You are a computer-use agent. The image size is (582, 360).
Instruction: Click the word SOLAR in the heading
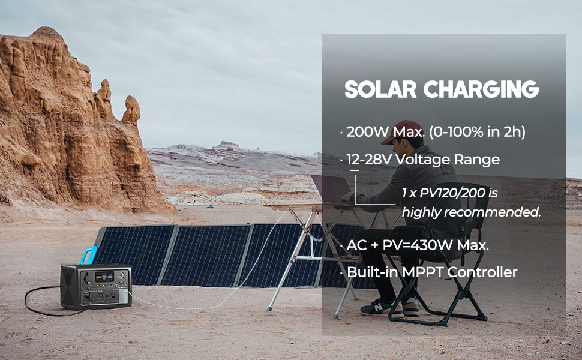pos(380,89)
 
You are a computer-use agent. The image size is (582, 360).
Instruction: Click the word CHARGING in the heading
pos(481,89)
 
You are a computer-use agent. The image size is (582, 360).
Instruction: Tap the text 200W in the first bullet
pos(367,132)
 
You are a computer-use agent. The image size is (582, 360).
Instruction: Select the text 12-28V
pos(369,160)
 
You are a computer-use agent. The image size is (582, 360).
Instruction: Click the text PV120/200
pos(452,193)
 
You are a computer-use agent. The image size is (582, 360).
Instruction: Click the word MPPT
pos(423,272)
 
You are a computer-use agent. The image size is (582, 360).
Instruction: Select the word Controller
pos(482,272)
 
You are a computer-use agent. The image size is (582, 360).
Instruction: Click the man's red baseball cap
pos(401,131)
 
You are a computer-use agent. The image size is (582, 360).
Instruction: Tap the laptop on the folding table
pos(331,189)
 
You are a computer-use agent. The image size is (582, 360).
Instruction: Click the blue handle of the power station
pos(89,255)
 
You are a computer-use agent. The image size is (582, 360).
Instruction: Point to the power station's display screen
pos(104,277)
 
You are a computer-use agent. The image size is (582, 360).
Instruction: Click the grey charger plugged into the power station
pos(123,296)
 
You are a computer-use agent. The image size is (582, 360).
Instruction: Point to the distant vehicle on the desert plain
pos(210,206)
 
